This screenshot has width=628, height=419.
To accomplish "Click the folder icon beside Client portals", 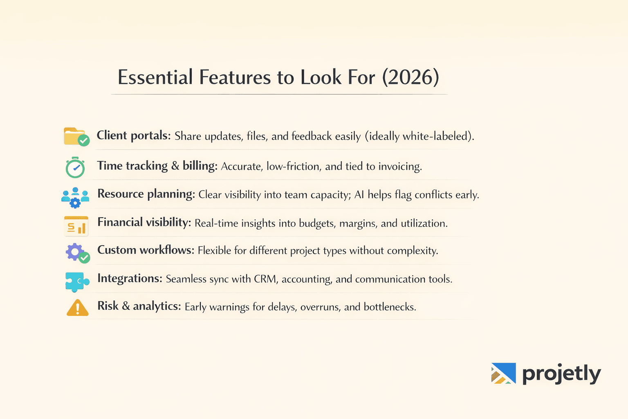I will [x=76, y=137].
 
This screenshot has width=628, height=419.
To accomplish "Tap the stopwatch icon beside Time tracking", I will [x=75, y=167].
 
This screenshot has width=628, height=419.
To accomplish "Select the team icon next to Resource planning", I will [x=75, y=197].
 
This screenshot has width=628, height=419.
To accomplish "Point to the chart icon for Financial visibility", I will [x=76, y=226].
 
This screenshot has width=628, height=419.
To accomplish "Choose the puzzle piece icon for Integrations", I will [x=77, y=282].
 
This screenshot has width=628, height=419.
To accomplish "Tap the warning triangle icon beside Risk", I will [x=77, y=308].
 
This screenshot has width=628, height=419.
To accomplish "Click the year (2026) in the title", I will [x=410, y=77].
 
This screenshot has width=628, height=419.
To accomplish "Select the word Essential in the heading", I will [x=155, y=77].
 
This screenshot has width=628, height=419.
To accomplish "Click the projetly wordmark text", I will [x=561, y=374].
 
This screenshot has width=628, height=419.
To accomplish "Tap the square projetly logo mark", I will [x=503, y=373].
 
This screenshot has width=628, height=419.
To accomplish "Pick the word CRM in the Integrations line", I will [x=266, y=279].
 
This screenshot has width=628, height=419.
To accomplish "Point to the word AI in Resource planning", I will [x=359, y=195].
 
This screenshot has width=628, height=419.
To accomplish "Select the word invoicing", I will [x=400, y=167].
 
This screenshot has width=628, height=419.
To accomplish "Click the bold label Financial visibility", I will [x=144, y=222].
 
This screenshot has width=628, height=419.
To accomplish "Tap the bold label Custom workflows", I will [x=146, y=250].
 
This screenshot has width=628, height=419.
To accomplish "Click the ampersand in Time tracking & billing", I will [x=175, y=166].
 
